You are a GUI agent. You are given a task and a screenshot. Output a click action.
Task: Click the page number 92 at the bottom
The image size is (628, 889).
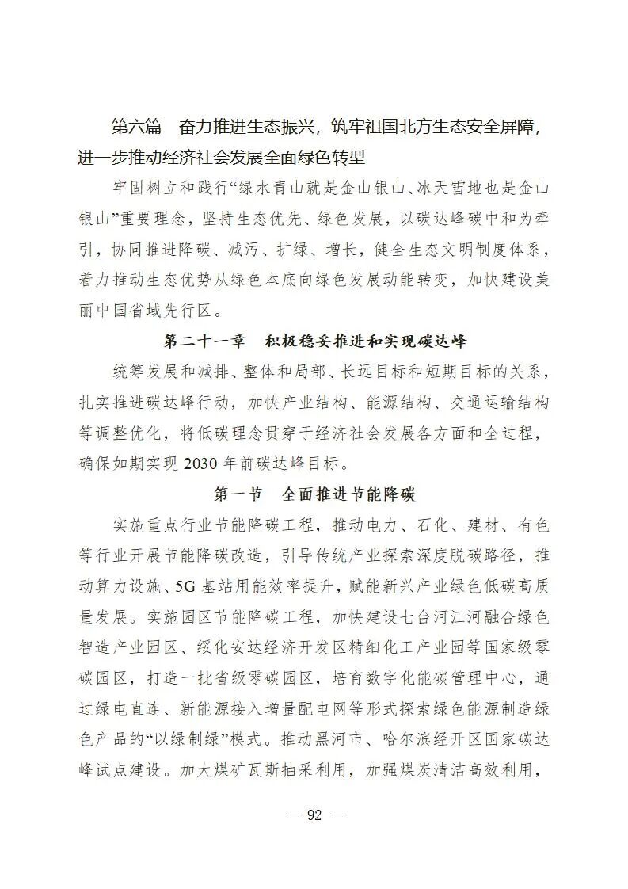click(x=314, y=816)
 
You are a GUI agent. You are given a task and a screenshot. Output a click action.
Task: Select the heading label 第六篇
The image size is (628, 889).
click(x=137, y=127)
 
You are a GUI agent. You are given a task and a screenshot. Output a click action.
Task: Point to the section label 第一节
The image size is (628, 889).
click(x=238, y=494)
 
